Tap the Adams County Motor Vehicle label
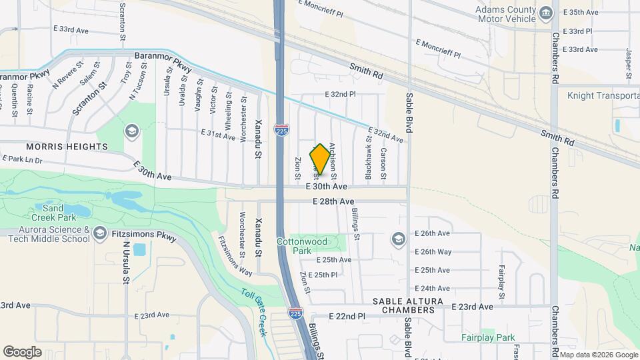click(505, 15)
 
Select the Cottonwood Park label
click(311, 245)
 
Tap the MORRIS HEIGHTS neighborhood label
click(67, 146)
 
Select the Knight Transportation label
click(603, 96)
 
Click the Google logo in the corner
click(22, 351)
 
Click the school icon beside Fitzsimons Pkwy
click(100, 233)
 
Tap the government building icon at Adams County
click(546, 13)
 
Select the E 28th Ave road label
click(333, 201)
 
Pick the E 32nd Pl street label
click(340, 95)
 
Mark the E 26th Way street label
click(433, 252)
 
